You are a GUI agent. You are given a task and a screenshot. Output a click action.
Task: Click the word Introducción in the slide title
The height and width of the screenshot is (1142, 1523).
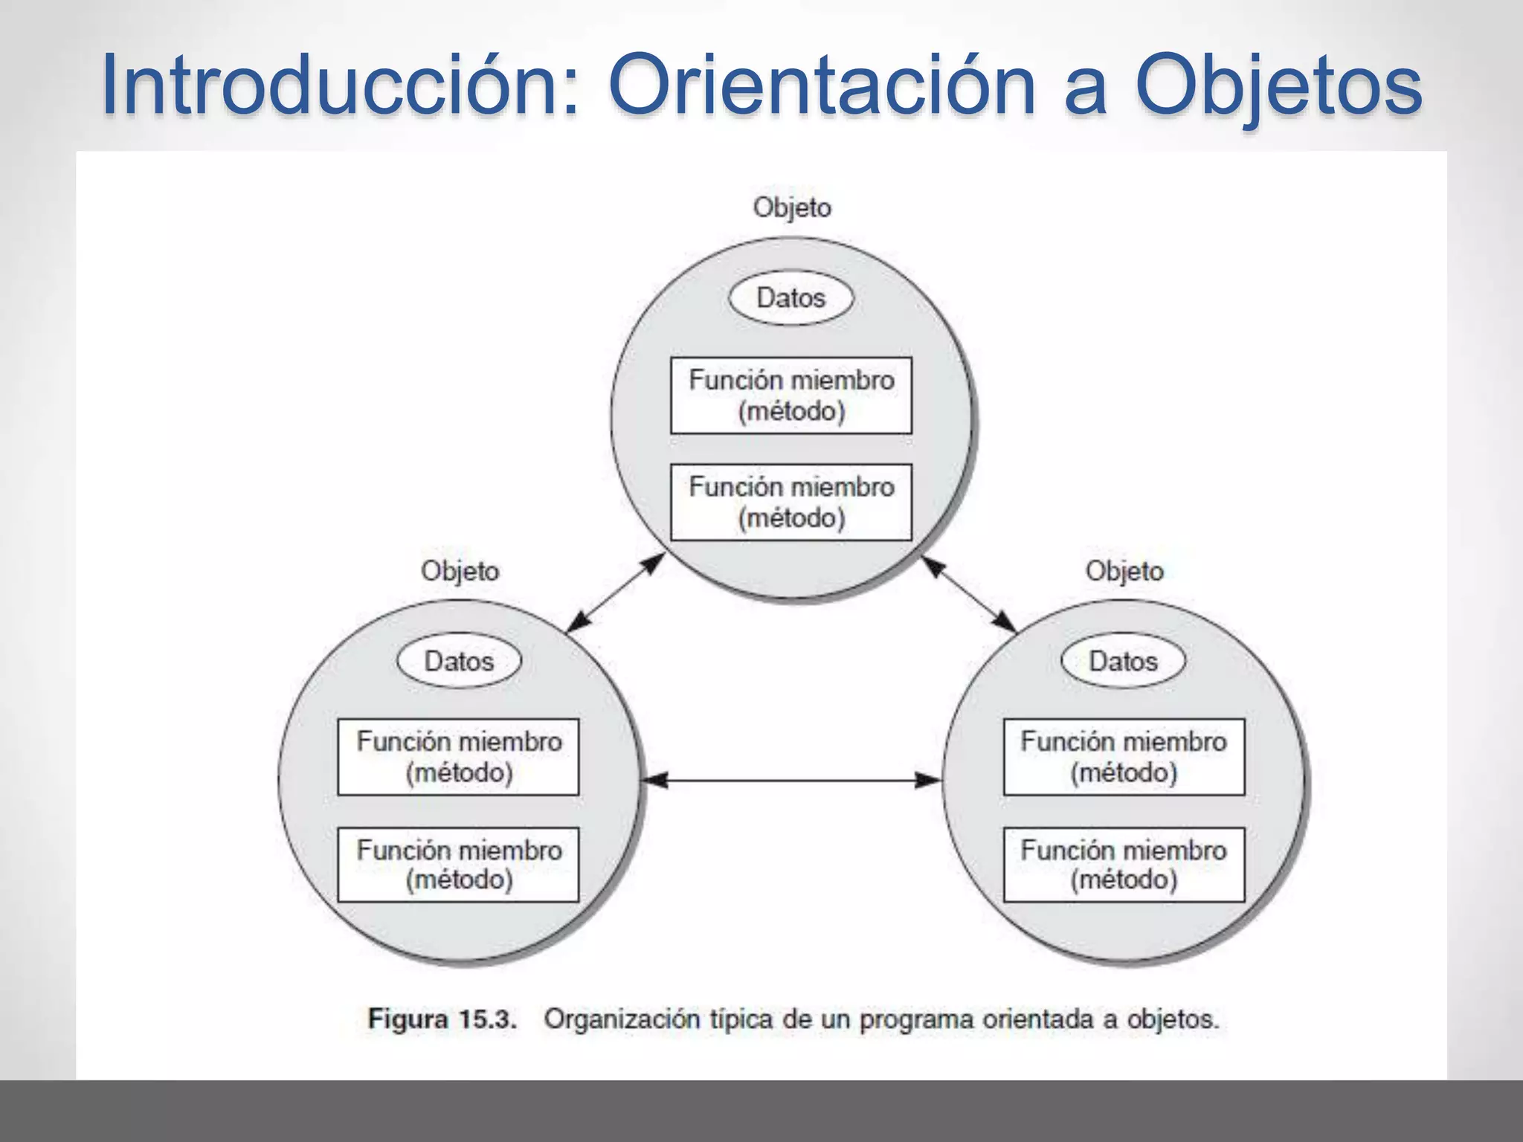pyautogui.click(x=338, y=84)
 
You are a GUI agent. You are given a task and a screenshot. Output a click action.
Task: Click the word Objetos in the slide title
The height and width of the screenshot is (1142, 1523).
pyautogui.click(x=1278, y=84)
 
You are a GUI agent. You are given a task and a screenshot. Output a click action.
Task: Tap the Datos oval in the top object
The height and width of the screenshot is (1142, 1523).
pyautogui.click(x=791, y=298)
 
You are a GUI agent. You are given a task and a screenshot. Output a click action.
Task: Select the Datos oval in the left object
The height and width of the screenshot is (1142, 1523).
pyautogui.click(x=459, y=661)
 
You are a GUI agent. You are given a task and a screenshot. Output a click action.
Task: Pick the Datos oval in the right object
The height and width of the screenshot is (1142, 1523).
pyautogui.click(x=1123, y=661)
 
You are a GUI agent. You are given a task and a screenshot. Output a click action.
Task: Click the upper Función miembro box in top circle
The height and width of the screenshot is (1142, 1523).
pyautogui.click(x=791, y=396)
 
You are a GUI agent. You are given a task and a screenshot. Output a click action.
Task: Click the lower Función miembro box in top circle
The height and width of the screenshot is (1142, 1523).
pyautogui.click(x=791, y=502)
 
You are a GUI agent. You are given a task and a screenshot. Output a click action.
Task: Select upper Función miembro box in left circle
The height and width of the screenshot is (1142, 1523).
pyautogui.click(x=458, y=757)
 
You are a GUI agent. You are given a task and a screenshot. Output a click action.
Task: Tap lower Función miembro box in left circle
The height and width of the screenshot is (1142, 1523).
pyautogui.click(x=458, y=865)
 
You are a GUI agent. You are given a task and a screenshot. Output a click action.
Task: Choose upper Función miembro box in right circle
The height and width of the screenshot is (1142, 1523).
pyautogui.click(x=1124, y=757)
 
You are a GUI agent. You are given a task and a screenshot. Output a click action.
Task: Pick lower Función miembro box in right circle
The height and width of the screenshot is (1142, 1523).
pyautogui.click(x=1124, y=865)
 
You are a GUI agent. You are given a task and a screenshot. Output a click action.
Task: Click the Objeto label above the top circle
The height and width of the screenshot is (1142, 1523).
pyautogui.click(x=792, y=207)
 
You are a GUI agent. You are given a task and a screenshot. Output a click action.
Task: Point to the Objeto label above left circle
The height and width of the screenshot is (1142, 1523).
pyautogui.click(x=460, y=571)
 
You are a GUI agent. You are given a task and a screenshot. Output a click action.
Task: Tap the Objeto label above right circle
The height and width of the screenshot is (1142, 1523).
pyautogui.click(x=1124, y=571)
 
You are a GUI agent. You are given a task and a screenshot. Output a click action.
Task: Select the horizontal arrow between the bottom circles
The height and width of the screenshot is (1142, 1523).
pyautogui.click(x=791, y=780)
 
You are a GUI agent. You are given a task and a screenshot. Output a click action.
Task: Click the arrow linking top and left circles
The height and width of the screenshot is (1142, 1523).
pyautogui.click(x=614, y=593)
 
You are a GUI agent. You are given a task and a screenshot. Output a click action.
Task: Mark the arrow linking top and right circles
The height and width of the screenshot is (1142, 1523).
pyautogui.click(x=969, y=594)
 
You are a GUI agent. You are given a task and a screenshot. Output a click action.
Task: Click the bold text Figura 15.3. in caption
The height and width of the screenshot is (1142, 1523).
pyautogui.click(x=442, y=1019)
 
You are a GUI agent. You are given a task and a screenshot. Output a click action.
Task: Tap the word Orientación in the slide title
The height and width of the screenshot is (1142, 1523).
pyautogui.click(x=821, y=84)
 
